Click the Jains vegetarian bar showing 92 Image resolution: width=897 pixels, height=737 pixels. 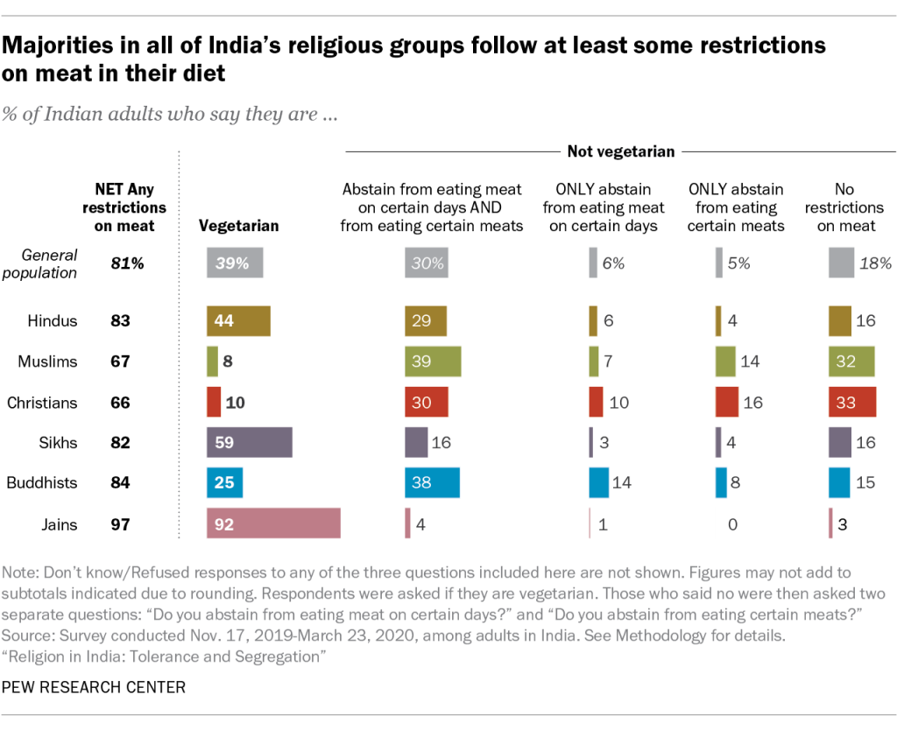(273, 523)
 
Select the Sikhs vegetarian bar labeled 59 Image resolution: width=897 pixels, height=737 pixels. (250, 442)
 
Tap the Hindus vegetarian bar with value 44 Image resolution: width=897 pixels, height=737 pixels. (238, 320)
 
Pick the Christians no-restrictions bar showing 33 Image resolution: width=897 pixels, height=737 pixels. (851, 402)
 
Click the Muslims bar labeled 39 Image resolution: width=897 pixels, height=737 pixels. (433, 361)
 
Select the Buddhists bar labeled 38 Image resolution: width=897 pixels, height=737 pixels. (432, 482)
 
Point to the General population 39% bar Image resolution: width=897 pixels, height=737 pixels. (235, 263)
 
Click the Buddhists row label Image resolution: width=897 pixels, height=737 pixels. (42, 483)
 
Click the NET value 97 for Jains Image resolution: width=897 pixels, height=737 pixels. (120, 524)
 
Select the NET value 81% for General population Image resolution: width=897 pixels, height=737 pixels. (120, 263)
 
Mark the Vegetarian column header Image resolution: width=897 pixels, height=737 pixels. (239, 226)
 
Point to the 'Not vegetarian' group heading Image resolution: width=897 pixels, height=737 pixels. (621, 152)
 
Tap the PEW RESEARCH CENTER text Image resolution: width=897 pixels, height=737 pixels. (95, 687)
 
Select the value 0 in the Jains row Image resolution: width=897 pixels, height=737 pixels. (732, 524)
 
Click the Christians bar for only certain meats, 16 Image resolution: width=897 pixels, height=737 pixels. (727, 402)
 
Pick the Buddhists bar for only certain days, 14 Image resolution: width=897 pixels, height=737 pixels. (599, 482)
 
